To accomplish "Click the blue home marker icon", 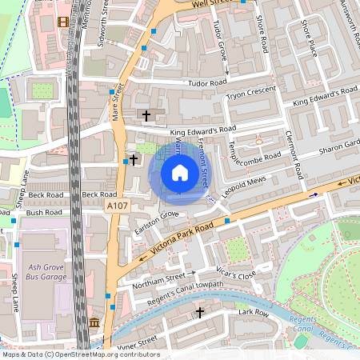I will [x=179, y=173].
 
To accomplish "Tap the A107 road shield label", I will [x=117, y=206].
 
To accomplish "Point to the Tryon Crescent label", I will [x=251, y=94].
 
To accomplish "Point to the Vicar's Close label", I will [x=236, y=274].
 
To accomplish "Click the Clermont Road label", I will [x=293, y=155].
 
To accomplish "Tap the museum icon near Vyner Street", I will [x=94, y=322].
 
